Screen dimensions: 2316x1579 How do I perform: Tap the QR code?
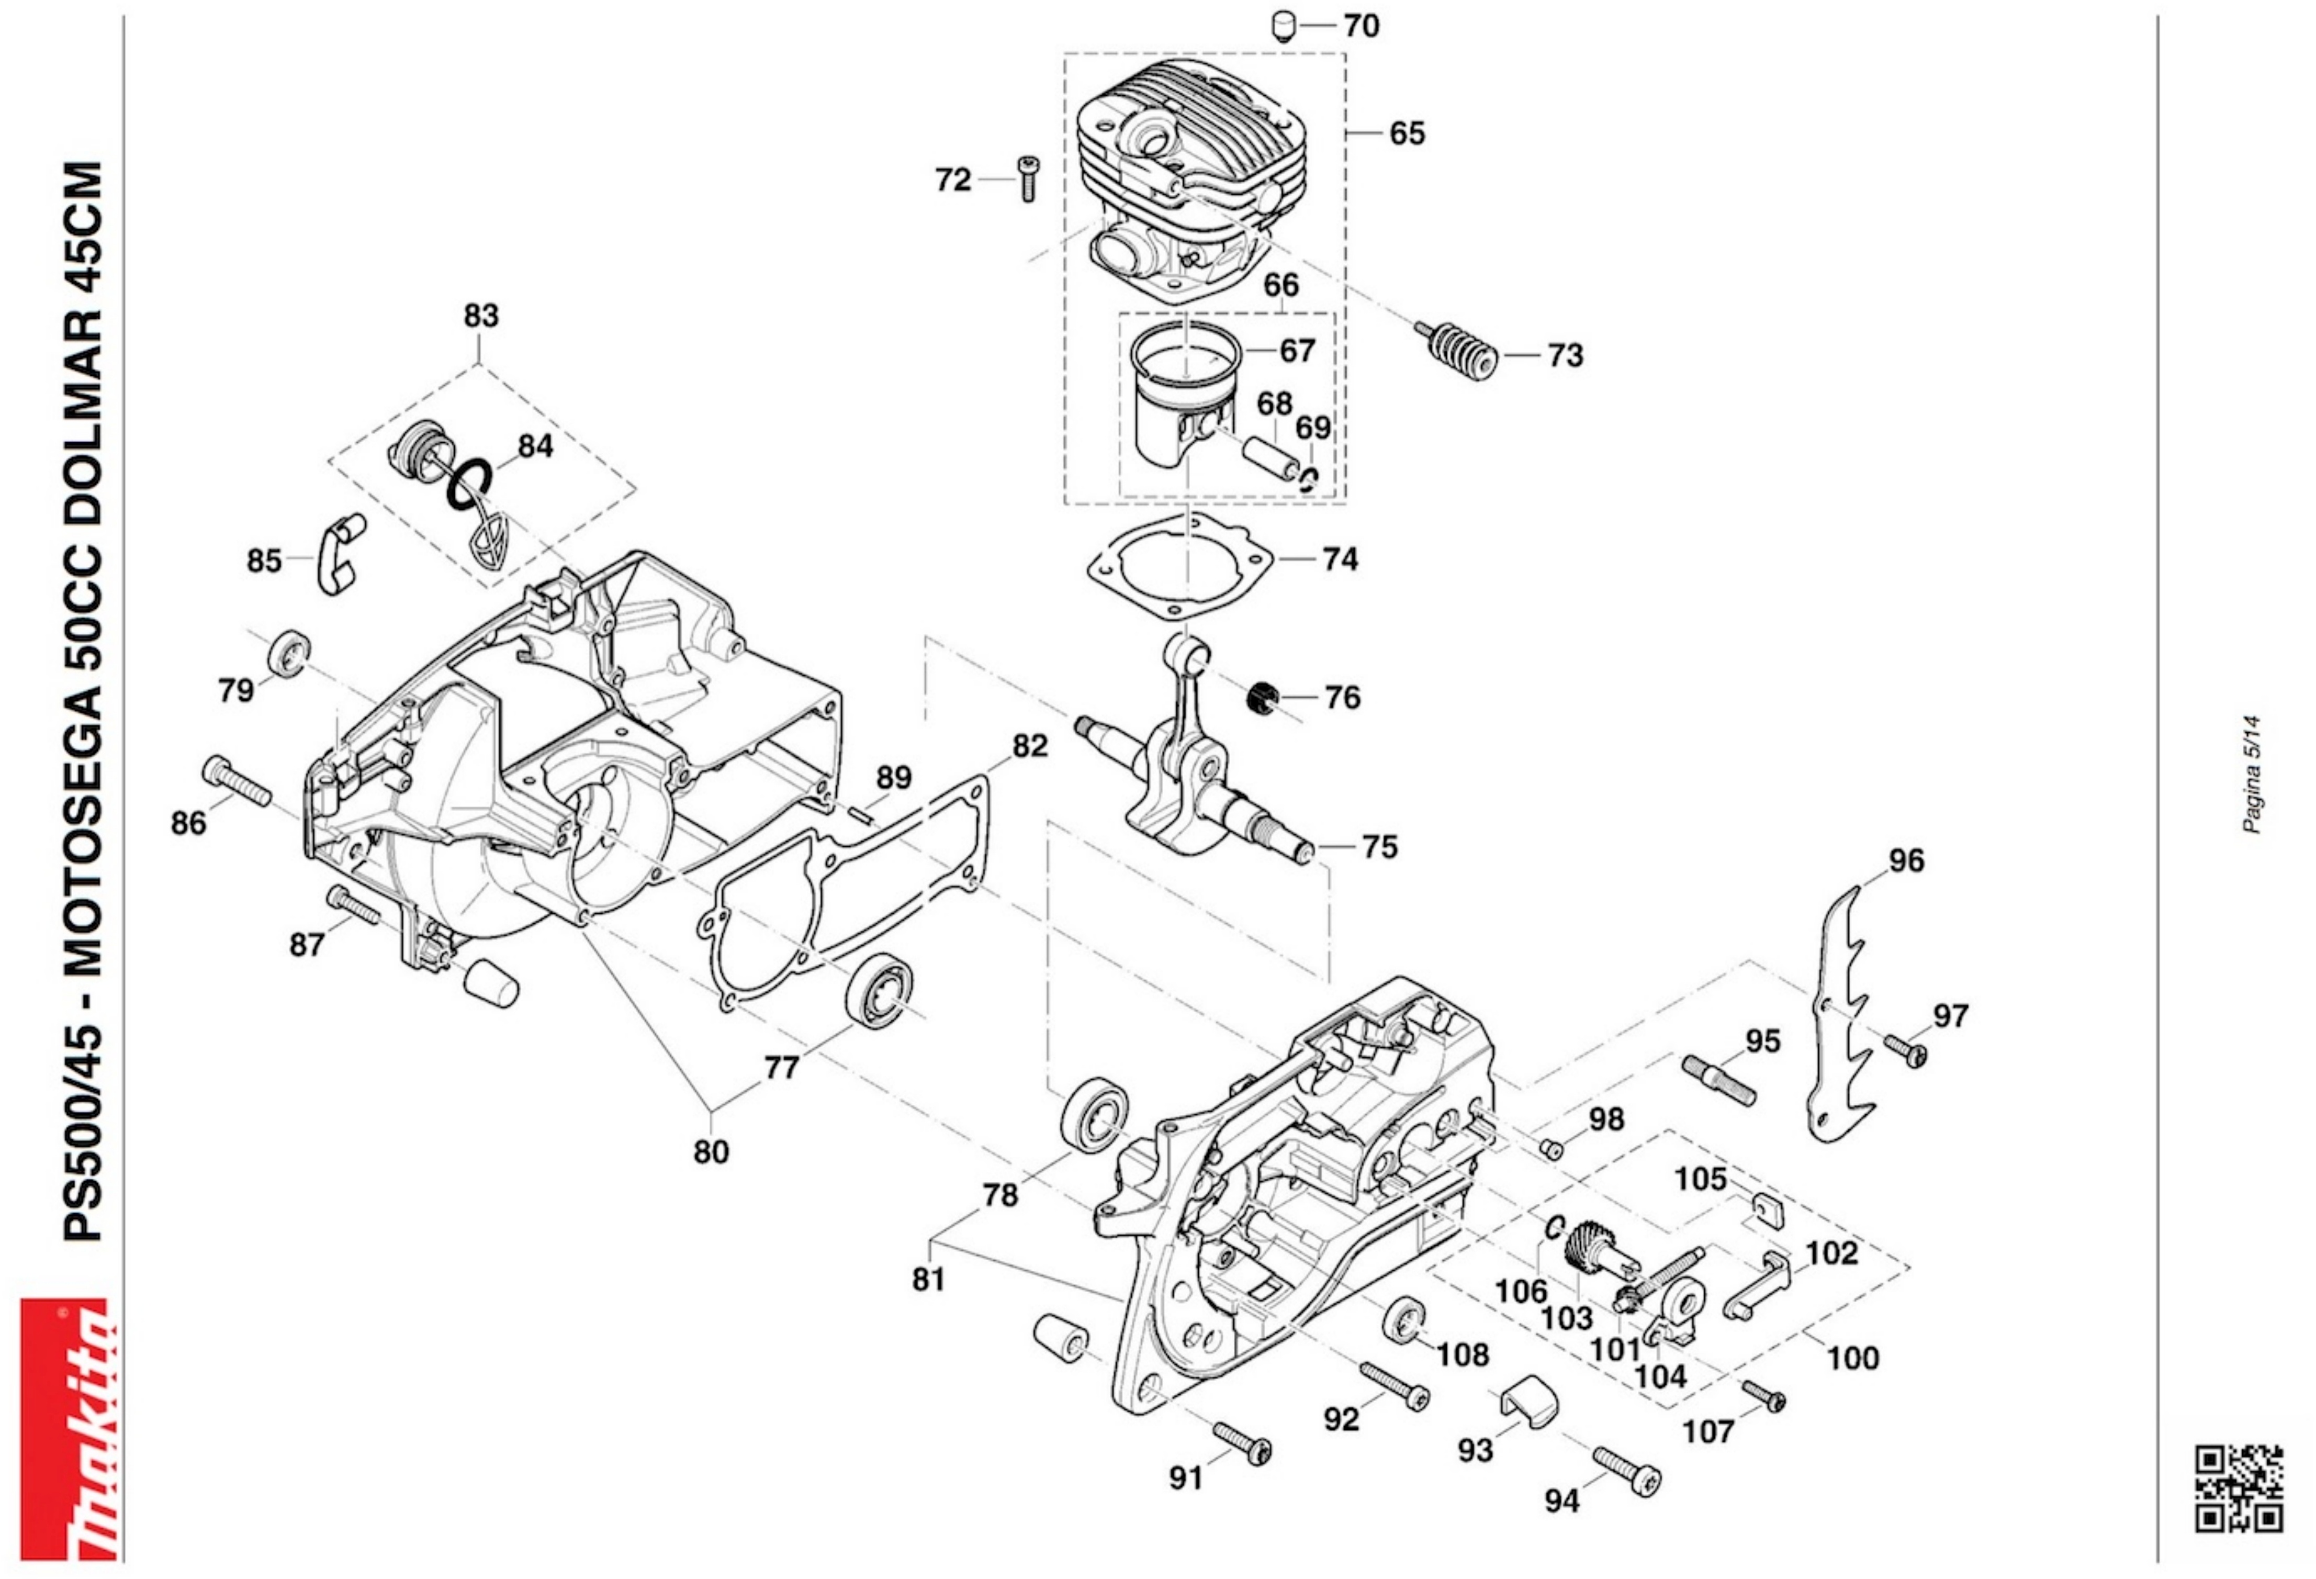tap(2239, 1488)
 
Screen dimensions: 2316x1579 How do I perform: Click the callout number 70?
tap(1362, 25)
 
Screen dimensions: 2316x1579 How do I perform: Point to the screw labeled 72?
tap(1027, 178)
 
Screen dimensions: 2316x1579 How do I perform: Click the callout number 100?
tap(1852, 1358)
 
